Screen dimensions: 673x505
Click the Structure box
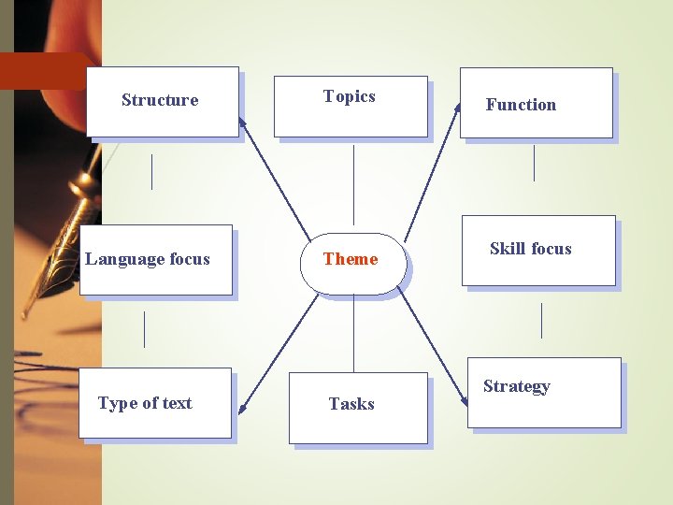tap(163, 102)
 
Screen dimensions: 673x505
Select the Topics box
tap(351, 106)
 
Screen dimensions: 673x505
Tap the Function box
tap(536, 103)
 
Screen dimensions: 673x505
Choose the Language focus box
tap(155, 260)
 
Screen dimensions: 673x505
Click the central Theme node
tap(352, 263)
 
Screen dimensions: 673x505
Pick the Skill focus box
tap(538, 250)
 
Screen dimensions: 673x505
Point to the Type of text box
tap(154, 403)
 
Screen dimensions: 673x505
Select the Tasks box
tap(357, 408)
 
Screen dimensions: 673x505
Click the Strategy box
tap(544, 393)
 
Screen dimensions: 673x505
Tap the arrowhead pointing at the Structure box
tap(242, 122)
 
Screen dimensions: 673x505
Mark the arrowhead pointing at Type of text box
tap(241, 408)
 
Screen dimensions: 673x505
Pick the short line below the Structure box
tap(151, 171)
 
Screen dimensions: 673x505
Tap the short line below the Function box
tap(534, 163)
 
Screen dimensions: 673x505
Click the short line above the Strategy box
tap(541, 321)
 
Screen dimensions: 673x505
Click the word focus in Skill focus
tap(551, 249)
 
